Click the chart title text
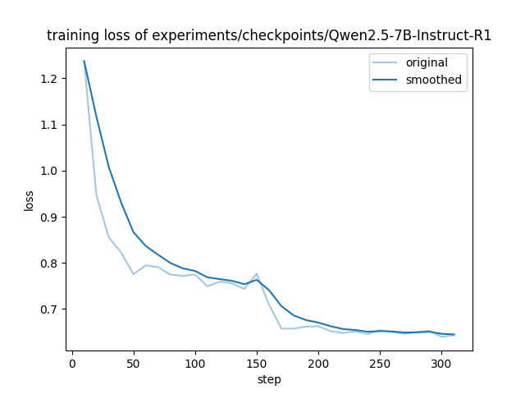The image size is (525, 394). (269, 35)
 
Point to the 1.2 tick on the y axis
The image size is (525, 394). (48, 79)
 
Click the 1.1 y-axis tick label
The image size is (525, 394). (48, 125)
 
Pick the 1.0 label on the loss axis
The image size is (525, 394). (48, 171)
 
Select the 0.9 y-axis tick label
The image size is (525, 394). (48, 217)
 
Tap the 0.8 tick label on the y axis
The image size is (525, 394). (48, 263)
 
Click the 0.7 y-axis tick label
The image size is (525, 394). (48, 309)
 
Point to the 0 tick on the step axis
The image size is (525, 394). (72, 364)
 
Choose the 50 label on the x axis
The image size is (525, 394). (134, 364)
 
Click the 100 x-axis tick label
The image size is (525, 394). (195, 364)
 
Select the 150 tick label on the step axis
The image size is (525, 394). (257, 364)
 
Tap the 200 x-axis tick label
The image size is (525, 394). (318, 364)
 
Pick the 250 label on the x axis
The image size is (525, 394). (380, 364)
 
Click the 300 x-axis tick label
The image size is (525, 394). (441, 364)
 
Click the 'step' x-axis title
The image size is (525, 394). (269, 379)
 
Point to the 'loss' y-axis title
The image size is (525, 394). (29, 200)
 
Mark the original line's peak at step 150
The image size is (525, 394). (257, 273)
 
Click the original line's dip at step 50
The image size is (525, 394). (134, 274)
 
